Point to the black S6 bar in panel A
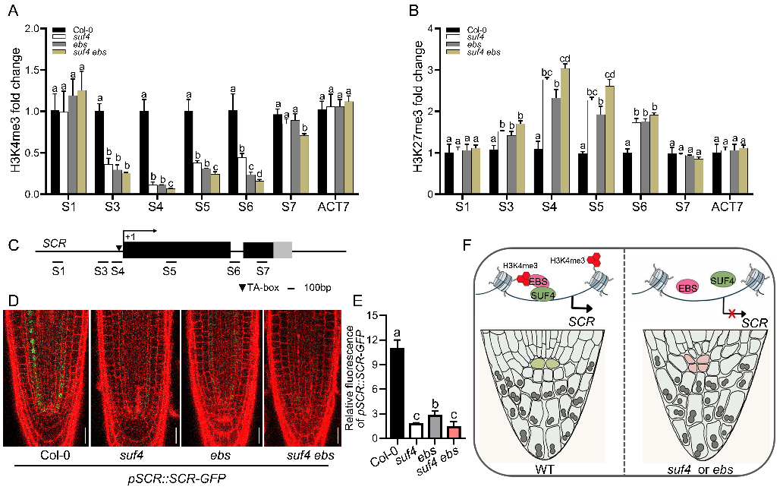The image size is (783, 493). pos(233,152)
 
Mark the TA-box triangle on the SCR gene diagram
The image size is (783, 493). pos(119,247)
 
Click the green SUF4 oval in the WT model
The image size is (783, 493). pos(542,293)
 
